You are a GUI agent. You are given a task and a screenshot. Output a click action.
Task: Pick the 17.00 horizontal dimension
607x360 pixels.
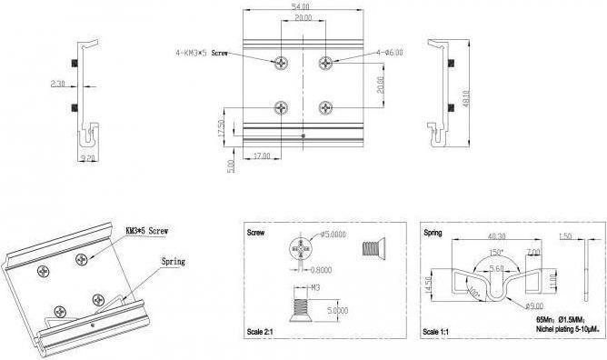(x=262, y=156)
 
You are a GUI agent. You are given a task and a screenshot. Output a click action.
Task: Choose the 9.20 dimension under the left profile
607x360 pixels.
(x=87, y=158)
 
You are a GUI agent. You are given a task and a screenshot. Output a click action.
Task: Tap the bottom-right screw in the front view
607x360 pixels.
(x=325, y=107)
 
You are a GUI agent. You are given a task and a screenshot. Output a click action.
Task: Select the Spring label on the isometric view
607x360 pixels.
(x=173, y=262)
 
